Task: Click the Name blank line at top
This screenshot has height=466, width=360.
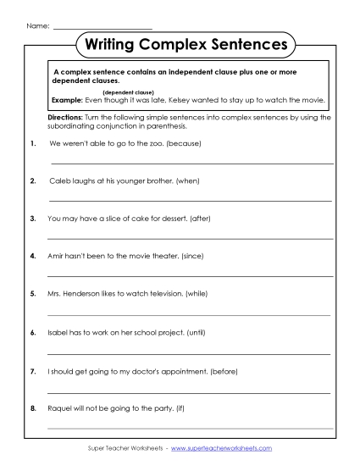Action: (x=102, y=27)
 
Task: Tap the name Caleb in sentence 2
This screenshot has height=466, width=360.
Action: (x=60, y=181)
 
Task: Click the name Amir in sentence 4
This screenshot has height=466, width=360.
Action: (x=58, y=255)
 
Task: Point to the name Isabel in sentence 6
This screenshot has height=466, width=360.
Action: (x=59, y=333)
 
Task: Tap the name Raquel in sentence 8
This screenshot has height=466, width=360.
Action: (x=62, y=408)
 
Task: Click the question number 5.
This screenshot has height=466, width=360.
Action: (x=32, y=293)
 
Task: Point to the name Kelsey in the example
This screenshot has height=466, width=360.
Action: (x=191, y=99)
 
